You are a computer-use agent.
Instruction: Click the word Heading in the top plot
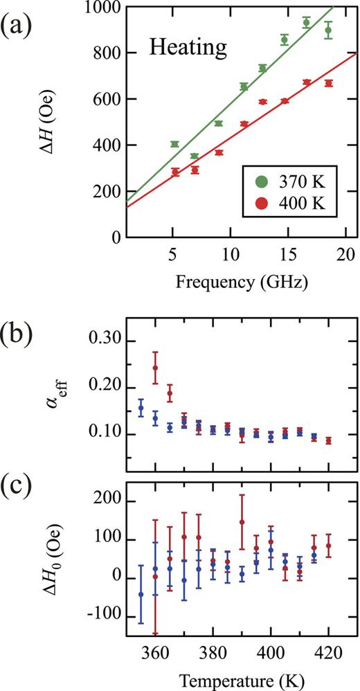(188, 48)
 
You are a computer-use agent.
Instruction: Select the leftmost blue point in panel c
(141, 594)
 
